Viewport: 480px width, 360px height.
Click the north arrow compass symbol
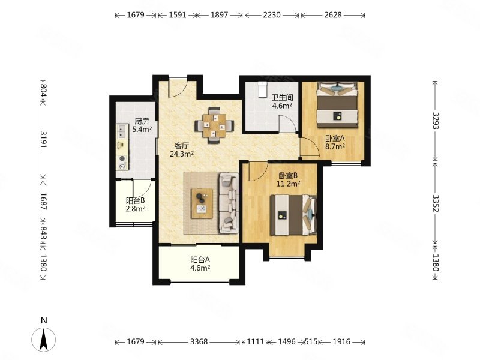44,339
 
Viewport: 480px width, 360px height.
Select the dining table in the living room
214,125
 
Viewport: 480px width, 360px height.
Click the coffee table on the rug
202,203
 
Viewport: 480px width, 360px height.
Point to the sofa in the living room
229,202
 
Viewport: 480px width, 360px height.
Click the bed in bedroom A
337,104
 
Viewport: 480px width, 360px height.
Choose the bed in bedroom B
293,215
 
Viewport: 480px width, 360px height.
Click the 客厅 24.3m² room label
182,149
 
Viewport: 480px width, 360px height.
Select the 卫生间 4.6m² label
282,101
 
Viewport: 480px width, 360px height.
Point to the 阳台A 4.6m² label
200,264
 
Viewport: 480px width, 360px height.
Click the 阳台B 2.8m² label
136,205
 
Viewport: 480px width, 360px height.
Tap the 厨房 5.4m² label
142,125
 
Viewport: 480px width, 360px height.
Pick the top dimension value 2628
333,14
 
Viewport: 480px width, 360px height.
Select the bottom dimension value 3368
199,341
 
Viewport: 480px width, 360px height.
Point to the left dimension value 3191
43,140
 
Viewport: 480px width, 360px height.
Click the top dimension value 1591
178,14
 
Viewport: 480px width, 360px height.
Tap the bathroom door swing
288,124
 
